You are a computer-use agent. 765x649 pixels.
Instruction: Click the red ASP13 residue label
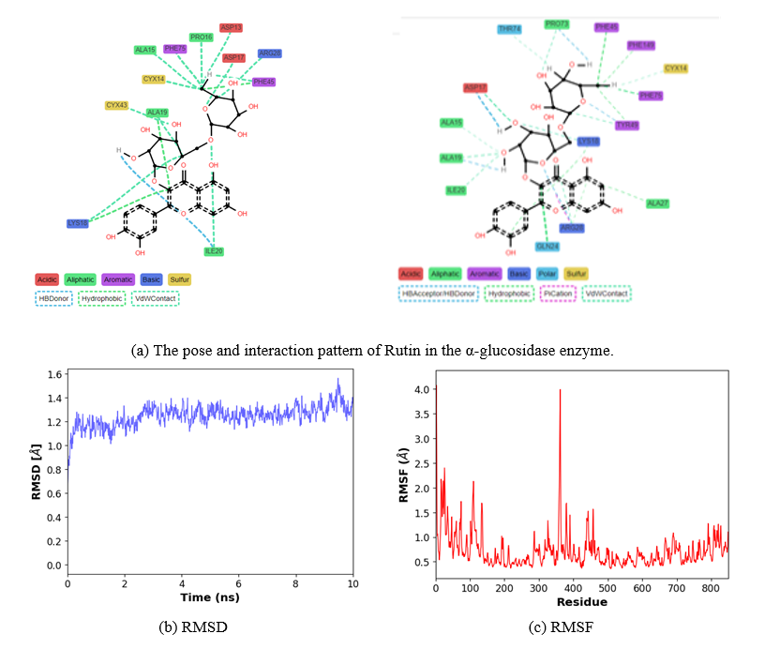(x=231, y=27)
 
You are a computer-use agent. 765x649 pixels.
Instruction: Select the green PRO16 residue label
(x=201, y=38)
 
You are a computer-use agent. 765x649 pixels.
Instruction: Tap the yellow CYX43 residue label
(x=117, y=105)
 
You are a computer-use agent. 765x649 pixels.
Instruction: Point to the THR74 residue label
(x=510, y=29)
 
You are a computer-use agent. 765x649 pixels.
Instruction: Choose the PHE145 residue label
(x=641, y=44)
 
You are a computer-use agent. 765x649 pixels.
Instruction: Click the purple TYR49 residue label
(x=627, y=125)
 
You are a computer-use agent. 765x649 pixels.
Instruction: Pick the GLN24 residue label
(x=547, y=247)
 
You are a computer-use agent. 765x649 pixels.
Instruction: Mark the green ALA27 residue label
(x=658, y=202)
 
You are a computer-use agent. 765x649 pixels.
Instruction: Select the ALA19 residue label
(x=452, y=158)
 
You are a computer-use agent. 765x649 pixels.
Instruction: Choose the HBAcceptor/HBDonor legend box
(x=439, y=294)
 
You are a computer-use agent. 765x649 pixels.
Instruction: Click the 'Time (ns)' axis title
(x=210, y=597)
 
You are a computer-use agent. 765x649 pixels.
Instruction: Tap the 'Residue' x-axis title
(x=582, y=600)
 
